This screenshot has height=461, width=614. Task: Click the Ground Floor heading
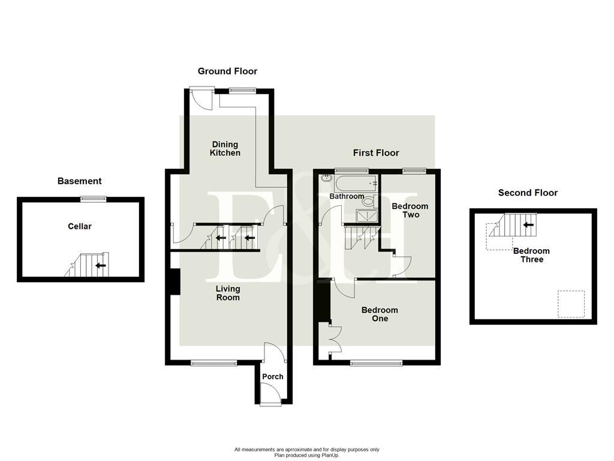[227, 71]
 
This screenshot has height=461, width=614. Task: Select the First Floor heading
[376, 152]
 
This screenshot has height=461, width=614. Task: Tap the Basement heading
[79, 181]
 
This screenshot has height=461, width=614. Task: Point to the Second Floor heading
[528, 193]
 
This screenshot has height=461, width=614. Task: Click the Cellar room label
[80, 226]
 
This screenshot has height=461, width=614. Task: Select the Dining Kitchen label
[225, 148]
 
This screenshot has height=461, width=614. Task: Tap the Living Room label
[228, 293]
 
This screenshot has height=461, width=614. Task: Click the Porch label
[273, 376]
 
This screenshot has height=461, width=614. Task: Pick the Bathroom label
[347, 196]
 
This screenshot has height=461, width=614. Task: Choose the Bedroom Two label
[410, 210]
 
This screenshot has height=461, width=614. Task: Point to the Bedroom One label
[380, 314]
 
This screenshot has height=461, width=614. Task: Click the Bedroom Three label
[531, 255]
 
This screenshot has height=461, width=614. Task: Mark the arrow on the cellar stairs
[101, 265]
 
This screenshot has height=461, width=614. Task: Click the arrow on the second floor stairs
[528, 225]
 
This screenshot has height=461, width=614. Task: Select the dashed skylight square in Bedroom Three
[571, 304]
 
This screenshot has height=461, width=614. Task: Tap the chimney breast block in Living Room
[175, 282]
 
